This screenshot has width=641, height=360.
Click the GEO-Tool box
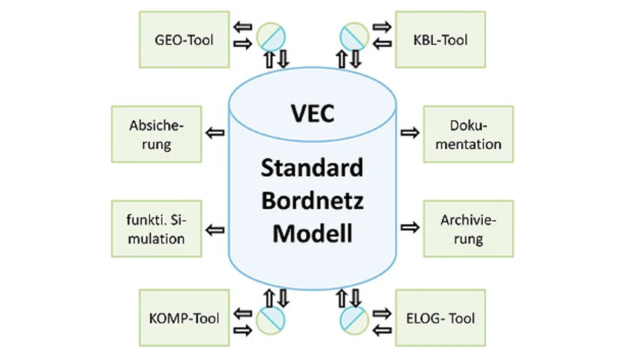(184, 40)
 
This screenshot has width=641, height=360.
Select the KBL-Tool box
(440, 40)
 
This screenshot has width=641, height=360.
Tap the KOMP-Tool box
(184, 318)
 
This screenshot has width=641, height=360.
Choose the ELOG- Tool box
(440, 318)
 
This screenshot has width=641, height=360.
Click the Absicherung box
(156, 134)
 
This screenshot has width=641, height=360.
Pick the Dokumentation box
(468, 134)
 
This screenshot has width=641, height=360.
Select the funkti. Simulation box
(156, 229)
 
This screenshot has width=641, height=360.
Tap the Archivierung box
(468, 229)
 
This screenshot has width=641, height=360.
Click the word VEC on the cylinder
(312, 114)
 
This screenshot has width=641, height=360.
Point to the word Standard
(312, 168)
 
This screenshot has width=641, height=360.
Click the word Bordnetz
(312, 201)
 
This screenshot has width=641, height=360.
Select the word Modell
(312, 233)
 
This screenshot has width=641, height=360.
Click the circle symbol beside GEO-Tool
(270, 37)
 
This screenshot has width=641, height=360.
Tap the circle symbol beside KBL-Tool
(355, 37)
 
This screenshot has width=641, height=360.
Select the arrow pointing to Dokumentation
(410, 133)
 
